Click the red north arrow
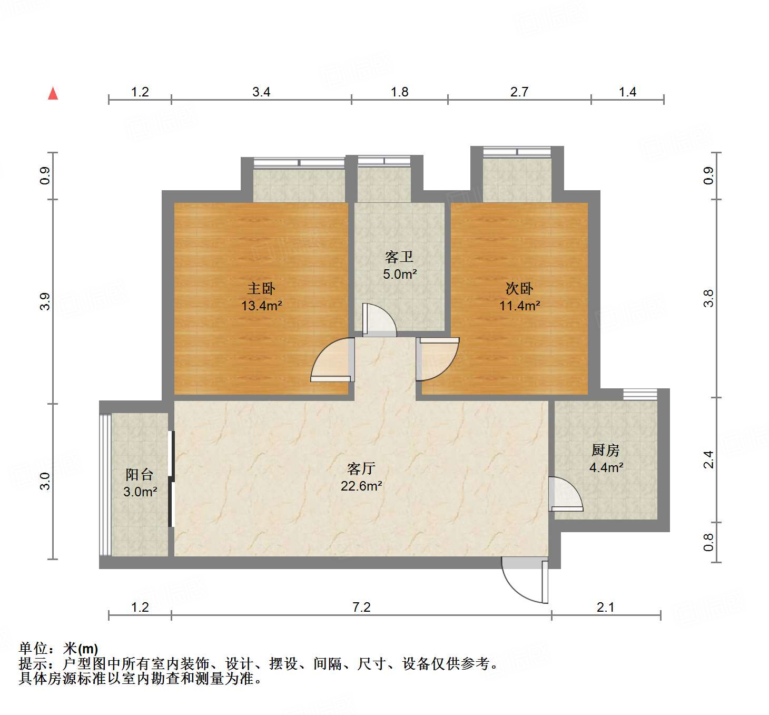point(53,94)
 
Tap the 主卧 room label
point(261,288)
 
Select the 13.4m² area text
point(262,306)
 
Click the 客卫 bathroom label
point(399,257)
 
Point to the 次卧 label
point(519,288)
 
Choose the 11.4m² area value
point(520,306)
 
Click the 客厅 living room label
point(361,469)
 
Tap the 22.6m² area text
point(362,486)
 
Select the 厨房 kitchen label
point(606,450)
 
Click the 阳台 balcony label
point(140,474)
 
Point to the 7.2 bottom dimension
point(361,607)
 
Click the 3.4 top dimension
point(261,92)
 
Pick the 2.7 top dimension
point(519,92)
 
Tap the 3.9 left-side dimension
point(45,301)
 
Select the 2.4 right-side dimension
point(708,459)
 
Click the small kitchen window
point(640,394)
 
